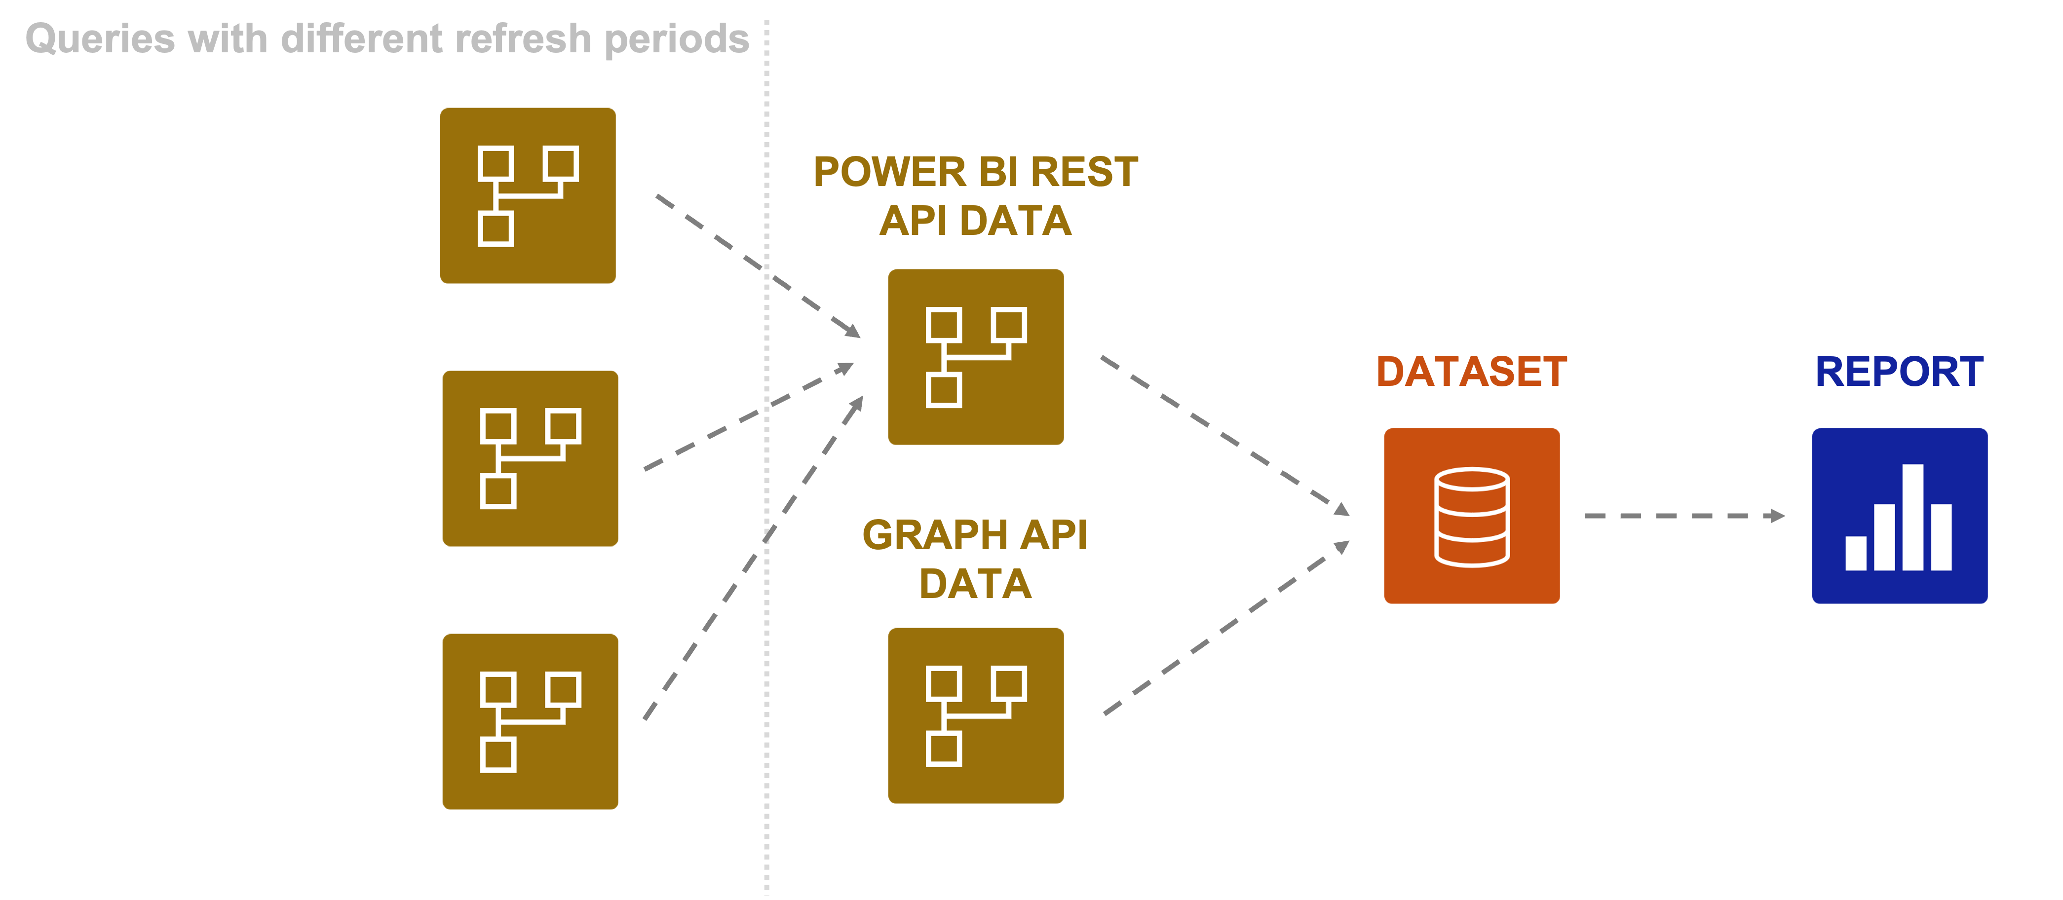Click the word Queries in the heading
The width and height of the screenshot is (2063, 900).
(x=100, y=39)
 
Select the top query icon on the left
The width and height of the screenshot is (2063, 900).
(x=528, y=195)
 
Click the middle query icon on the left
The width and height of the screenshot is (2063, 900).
(x=530, y=459)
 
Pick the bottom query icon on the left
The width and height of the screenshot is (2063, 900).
(x=530, y=721)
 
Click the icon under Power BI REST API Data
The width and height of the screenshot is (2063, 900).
(x=975, y=357)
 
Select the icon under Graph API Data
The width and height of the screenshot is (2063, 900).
(x=975, y=716)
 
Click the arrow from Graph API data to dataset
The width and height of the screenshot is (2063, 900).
(x=1225, y=629)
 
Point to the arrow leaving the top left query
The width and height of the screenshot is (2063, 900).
(x=756, y=265)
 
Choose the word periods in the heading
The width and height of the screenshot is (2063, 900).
(x=677, y=39)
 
